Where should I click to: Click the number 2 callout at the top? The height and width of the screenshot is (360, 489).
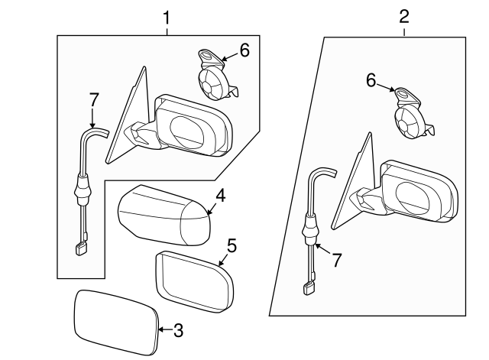point(404,15)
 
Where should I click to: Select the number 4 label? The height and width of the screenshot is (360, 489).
point(221,197)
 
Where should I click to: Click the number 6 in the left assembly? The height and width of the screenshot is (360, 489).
point(244,50)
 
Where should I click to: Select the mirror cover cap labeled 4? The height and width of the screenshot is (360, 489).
point(164,214)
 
